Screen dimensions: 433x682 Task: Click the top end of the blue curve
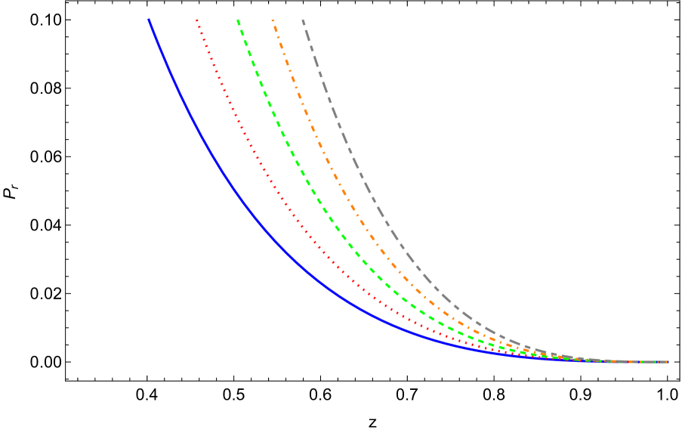(x=149, y=20)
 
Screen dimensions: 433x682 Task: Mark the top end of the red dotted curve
(x=197, y=20)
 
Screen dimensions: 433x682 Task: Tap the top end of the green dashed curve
(x=238, y=20)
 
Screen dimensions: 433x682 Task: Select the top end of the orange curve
(x=273, y=20)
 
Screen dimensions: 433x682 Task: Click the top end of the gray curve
(x=303, y=20)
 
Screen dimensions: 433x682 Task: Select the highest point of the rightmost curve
(x=303, y=20)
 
